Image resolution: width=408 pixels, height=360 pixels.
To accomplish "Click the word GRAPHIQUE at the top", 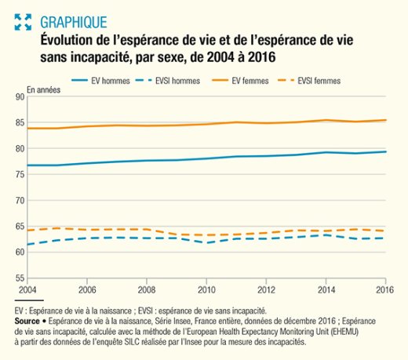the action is (x=74, y=22).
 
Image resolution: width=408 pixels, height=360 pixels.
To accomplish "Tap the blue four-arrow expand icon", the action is (x=23, y=22).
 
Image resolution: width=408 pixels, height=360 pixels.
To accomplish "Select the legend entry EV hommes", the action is (x=100, y=81).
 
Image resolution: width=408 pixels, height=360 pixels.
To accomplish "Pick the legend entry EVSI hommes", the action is (x=168, y=81).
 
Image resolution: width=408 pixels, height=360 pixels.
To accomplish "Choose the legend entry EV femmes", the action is (x=240, y=81).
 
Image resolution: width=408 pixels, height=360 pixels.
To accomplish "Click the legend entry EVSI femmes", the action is (x=309, y=81).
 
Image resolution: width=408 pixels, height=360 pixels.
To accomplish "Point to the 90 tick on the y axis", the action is (x=20, y=97).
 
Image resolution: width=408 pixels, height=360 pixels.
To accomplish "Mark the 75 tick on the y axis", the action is (x=20, y=174).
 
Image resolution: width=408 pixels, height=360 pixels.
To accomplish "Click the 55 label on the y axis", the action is (x=20, y=278).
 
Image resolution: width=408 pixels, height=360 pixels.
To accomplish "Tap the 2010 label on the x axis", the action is (x=206, y=289).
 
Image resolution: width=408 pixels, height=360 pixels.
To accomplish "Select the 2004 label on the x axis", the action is (x=27, y=289).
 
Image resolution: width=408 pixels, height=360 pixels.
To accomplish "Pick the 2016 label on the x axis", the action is (x=384, y=289).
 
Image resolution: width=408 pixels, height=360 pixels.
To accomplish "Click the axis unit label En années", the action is (x=44, y=90).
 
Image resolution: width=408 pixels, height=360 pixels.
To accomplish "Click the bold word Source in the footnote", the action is (x=27, y=321).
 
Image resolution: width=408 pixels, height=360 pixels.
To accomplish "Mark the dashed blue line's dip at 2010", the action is (x=206, y=243).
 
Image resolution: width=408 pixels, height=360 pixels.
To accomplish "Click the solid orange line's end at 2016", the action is (x=386, y=120).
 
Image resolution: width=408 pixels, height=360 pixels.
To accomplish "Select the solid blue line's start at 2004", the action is (x=27, y=165).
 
